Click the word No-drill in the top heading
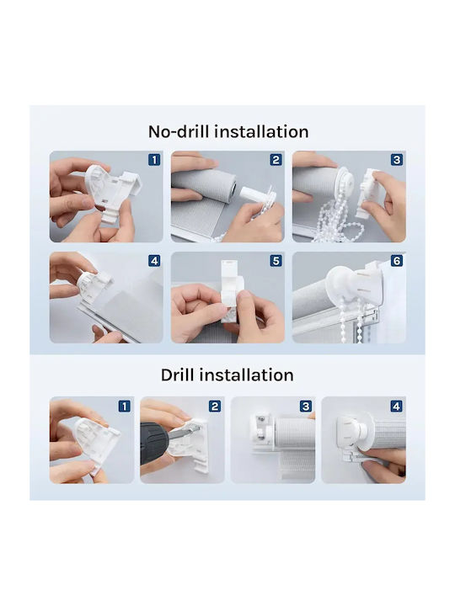[179, 132]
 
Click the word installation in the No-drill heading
[261, 132]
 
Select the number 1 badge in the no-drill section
[154, 160]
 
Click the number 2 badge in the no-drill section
[276, 160]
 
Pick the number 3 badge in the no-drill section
[397, 160]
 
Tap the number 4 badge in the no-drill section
[154, 261]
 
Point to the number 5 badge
[276, 261]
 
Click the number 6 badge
[397, 261]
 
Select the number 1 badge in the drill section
[124, 407]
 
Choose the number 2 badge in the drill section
[215, 407]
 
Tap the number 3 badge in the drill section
[306, 407]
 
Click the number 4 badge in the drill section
[396, 407]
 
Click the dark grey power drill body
[153, 444]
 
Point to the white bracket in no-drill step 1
[112, 194]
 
